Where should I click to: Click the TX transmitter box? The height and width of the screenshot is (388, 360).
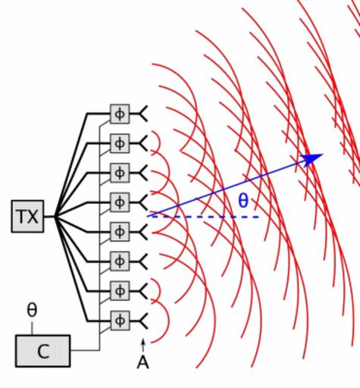coord(27,216)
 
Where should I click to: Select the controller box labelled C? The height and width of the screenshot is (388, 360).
coord(43,351)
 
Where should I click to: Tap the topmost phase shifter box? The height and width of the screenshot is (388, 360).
coord(120,114)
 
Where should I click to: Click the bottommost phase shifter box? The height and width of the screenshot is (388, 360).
coord(120,321)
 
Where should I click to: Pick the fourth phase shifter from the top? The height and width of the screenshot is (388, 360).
coord(120,202)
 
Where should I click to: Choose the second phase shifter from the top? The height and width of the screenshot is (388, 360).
coord(120,143)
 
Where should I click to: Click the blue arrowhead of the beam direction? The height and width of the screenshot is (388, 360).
coord(313,159)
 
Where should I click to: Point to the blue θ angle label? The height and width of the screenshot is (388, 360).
coord(243,201)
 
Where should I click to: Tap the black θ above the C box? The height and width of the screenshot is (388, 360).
coord(32,310)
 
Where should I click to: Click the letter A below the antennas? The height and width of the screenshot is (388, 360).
coord(143,363)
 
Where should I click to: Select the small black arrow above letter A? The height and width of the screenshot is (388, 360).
coord(143,345)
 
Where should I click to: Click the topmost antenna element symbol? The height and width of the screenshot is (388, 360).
coord(142,114)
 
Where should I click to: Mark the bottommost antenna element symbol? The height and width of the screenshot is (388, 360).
coord(142,321)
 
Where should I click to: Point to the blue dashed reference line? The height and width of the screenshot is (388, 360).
coord(203,217)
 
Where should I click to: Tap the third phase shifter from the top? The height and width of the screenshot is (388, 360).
coord(120,173)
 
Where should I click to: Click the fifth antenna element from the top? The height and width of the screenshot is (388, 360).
coord(142,232)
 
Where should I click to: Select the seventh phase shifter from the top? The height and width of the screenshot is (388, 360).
coord(120,291)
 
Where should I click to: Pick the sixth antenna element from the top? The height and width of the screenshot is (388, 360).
coord(142,261)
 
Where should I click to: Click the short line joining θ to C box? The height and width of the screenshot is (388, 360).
coord(32,328)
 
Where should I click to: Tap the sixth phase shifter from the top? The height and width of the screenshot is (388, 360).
coord(120,261)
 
